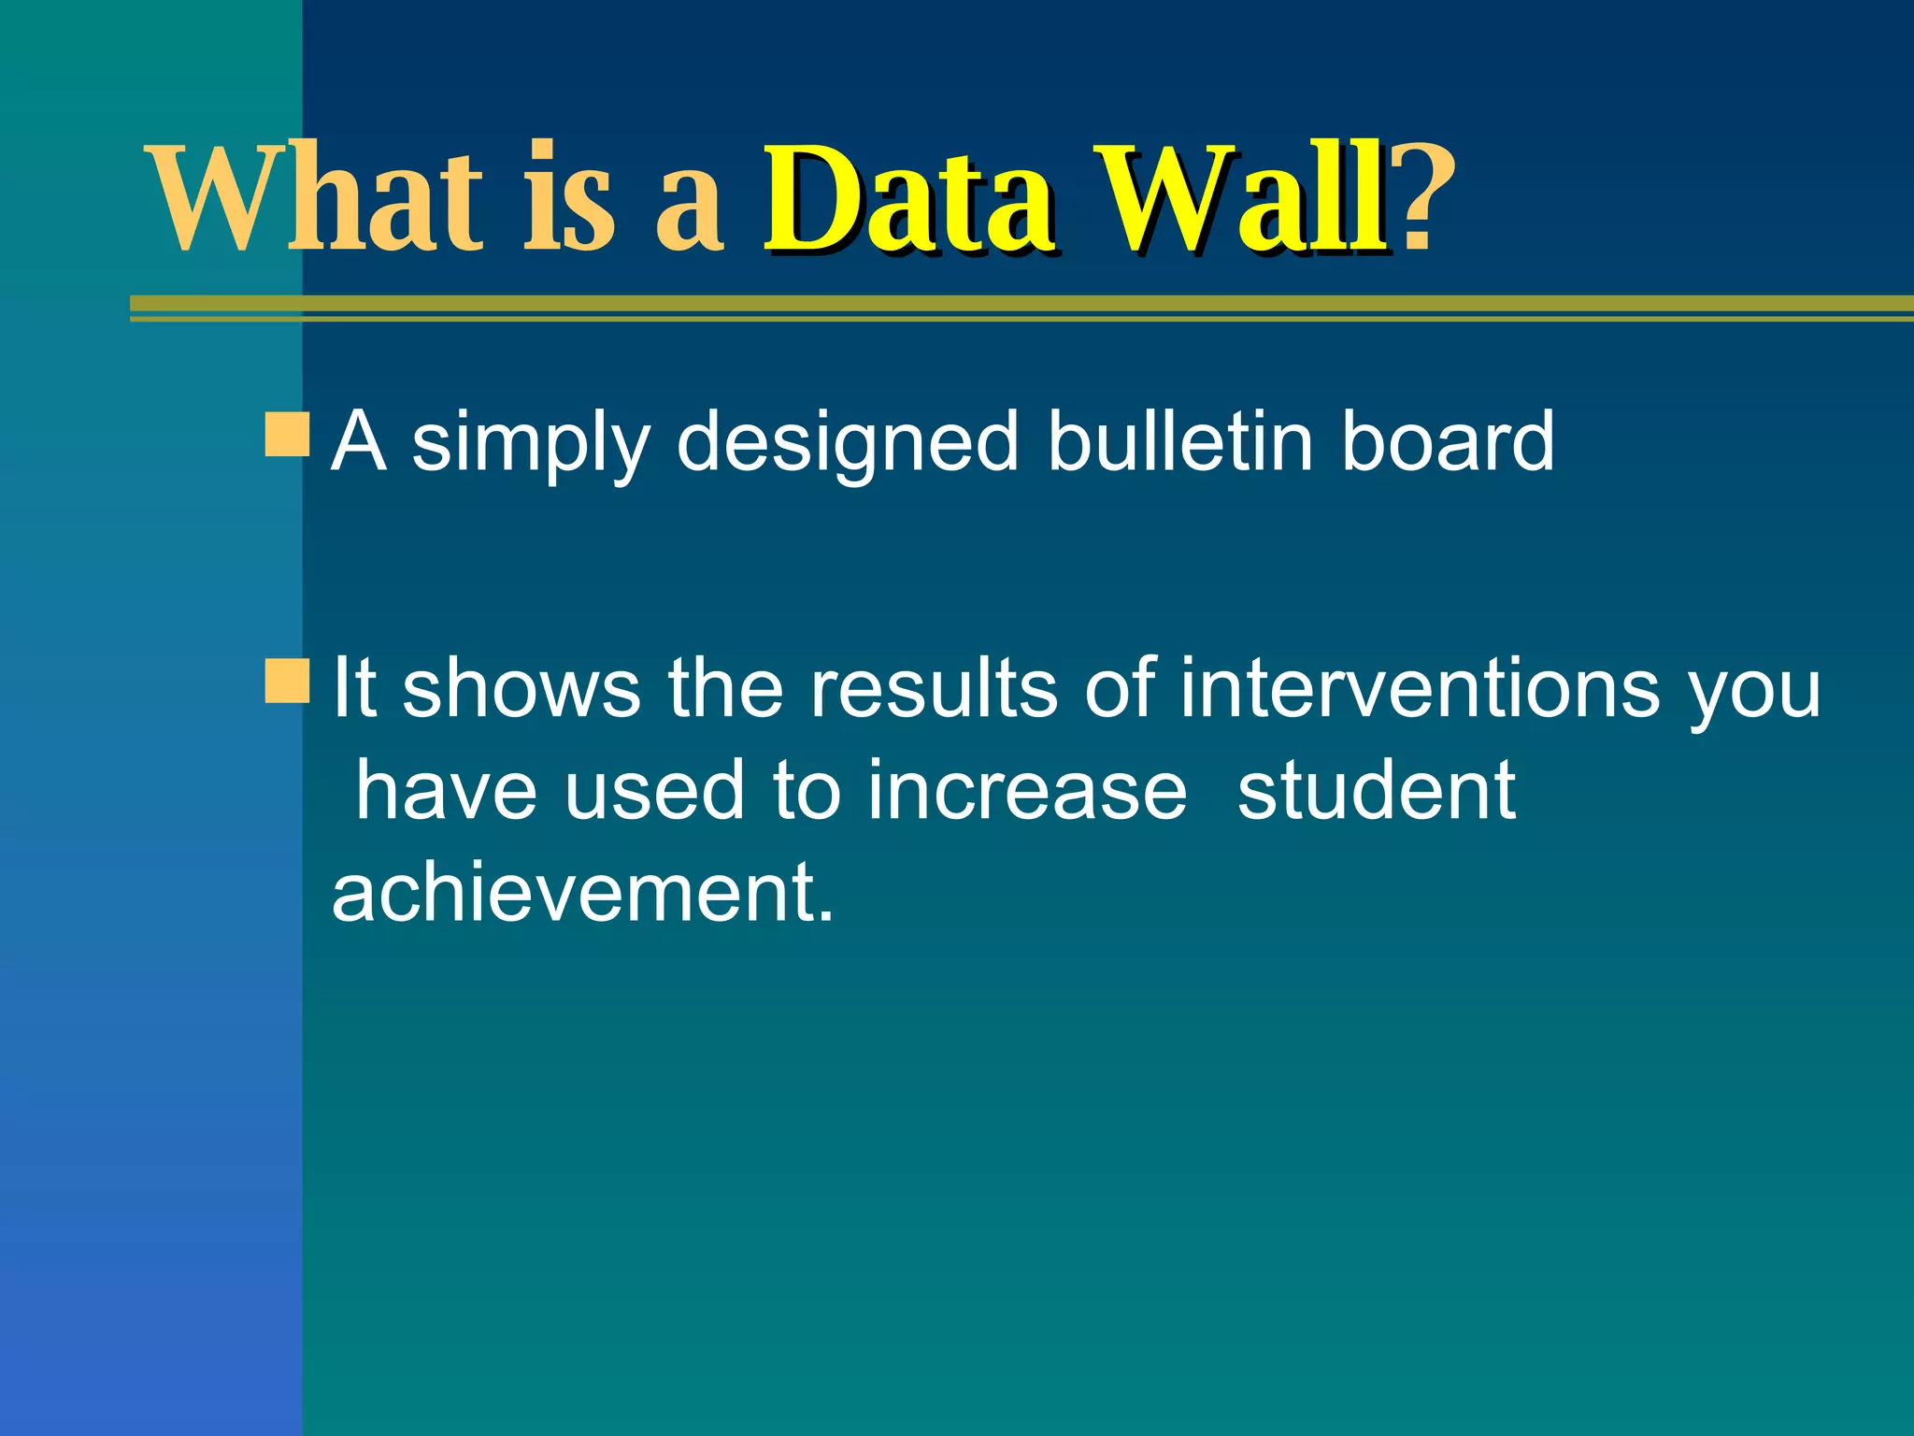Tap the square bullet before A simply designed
pos(286,437)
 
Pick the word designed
pos(847,443)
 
